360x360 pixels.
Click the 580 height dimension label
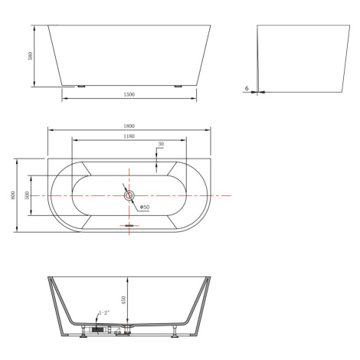click(31, 56)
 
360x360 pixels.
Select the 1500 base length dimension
click(129, 94)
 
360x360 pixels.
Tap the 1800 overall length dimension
click(129, 126)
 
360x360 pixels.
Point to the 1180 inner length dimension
click(129, 136)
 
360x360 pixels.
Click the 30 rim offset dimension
click(161, 144)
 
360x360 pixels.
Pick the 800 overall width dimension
click(13, 195)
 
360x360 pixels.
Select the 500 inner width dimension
click(27, 195)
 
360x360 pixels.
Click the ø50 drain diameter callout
click(145, 207)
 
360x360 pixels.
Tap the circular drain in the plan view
click(129, 195)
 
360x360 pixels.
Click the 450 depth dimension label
click(124, 300)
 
